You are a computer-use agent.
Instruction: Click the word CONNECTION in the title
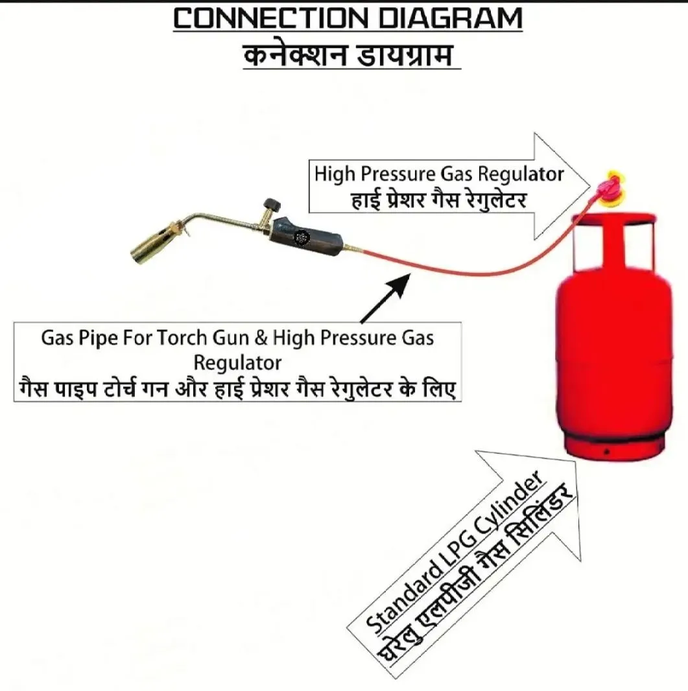(x=270, y=19)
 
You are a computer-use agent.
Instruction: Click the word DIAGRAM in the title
(x=451, y=19)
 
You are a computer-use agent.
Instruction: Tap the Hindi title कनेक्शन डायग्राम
(x=348, y=56)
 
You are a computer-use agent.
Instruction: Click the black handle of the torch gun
(x=307, y=239)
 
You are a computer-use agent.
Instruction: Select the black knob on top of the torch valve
(x=272, y=205)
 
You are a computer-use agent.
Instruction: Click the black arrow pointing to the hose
(x=385, y=298)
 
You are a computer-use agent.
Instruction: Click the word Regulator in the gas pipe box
(x=237, y=363)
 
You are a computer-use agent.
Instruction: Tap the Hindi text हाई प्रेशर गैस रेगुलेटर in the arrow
(x=439, y=200)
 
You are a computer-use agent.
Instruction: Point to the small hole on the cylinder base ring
(x=607, y=452)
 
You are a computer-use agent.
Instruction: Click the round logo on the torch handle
(x=302, y=238)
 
